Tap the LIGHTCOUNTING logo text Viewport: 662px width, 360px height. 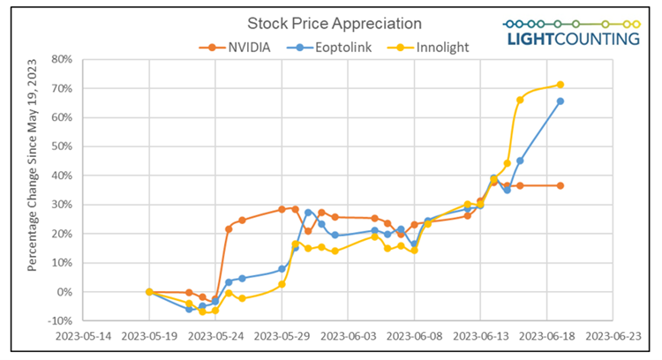point(573,39)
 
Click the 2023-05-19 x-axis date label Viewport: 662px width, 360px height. point(149,335)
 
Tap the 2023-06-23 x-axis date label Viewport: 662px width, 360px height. point(612,335)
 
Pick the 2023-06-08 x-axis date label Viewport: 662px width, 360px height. point(414,335)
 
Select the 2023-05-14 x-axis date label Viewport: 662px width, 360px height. point(83,335)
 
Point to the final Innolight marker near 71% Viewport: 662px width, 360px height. point(560,85)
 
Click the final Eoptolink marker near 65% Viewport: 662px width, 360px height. point(560,101)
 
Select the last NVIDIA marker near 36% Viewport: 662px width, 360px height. point(560,185)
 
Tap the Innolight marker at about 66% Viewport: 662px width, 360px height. point(520,100)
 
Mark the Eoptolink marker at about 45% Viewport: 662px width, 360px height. point(520,161)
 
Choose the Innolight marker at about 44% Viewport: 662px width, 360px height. point(508,163)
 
